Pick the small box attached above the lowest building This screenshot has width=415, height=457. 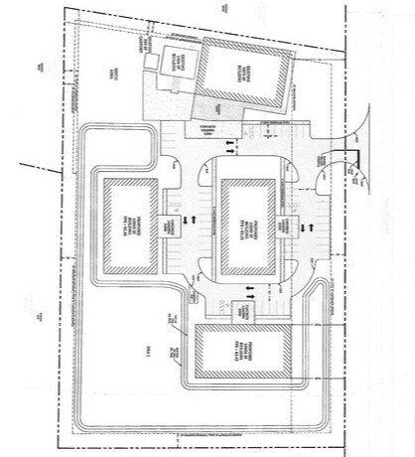pyautogui.click(x=244, y=312)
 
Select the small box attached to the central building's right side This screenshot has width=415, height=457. pyautogui.click(x=290, y=227)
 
